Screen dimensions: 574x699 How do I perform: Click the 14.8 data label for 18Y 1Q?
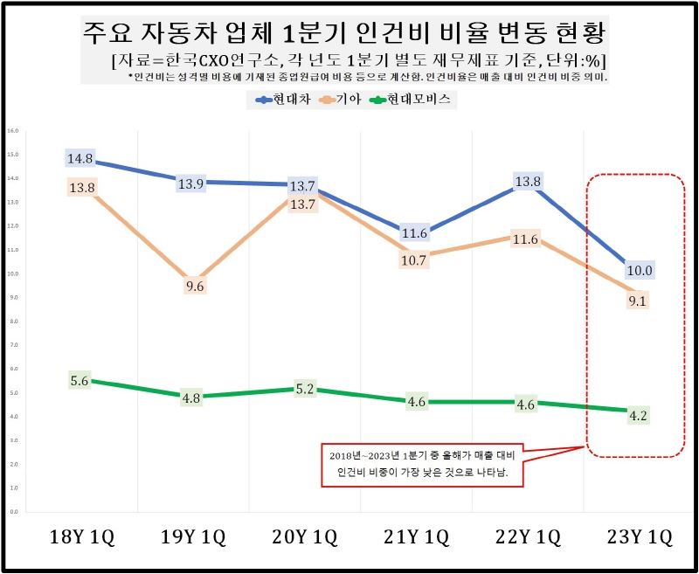80,158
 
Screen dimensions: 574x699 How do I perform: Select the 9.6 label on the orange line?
195,286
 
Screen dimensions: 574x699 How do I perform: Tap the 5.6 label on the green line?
80,380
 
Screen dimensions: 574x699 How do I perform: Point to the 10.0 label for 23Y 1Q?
640,271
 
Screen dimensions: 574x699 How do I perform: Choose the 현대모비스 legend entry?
419,100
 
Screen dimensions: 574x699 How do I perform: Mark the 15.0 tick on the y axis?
12,155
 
